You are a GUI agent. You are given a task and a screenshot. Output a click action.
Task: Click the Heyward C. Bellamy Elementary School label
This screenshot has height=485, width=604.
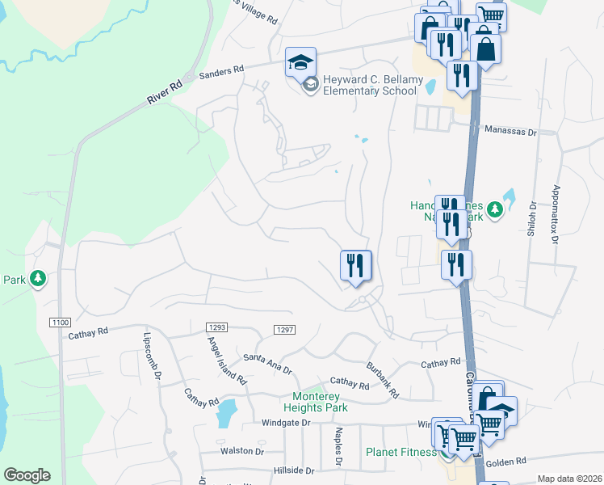[363, 85]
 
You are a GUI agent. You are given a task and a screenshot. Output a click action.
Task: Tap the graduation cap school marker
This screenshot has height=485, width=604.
[300, 62]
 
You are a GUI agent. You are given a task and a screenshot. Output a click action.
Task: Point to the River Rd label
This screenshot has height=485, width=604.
[166, 91]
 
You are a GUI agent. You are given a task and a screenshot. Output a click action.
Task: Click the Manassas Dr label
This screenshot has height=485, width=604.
[510, 129]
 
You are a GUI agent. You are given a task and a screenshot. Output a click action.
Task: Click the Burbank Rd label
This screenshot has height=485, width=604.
[384, 379]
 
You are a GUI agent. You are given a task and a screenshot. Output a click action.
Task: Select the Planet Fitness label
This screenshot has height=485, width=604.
[401, 452]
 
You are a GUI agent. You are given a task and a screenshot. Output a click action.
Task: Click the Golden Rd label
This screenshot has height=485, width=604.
[506, 461]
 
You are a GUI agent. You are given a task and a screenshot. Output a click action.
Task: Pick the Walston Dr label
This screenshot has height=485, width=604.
[241, 451]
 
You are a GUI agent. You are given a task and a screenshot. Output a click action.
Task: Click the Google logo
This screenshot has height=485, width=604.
[27, 475]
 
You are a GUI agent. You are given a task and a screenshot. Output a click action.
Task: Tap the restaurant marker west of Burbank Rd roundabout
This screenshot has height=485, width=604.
[356, 265]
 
